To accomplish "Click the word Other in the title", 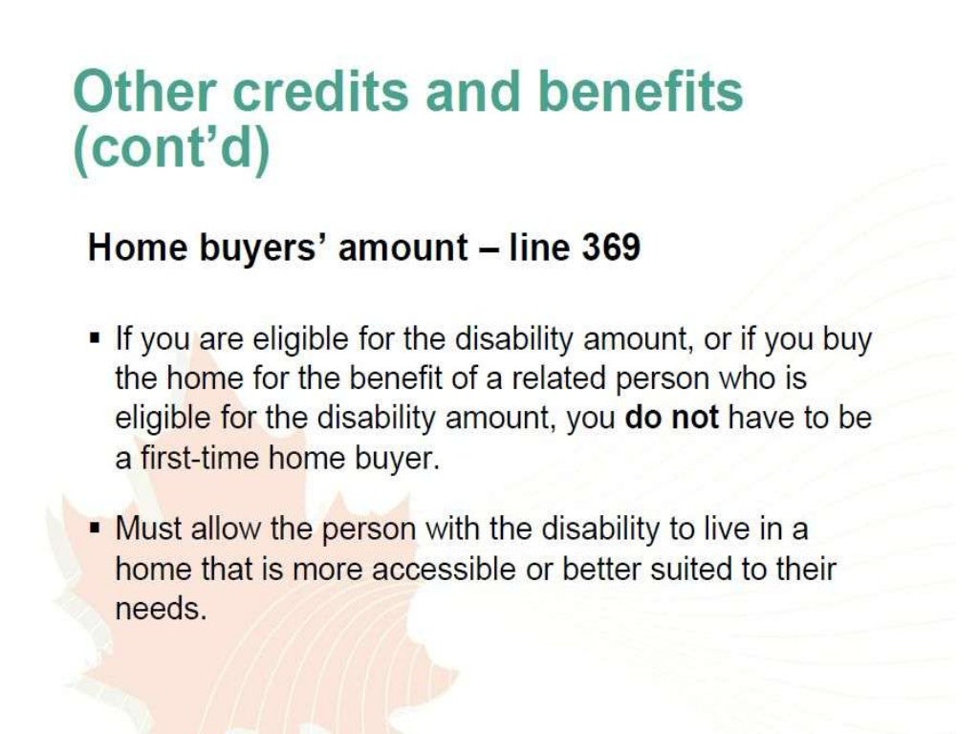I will (x=143, y=93).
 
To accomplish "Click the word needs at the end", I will (x=161, y=610).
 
